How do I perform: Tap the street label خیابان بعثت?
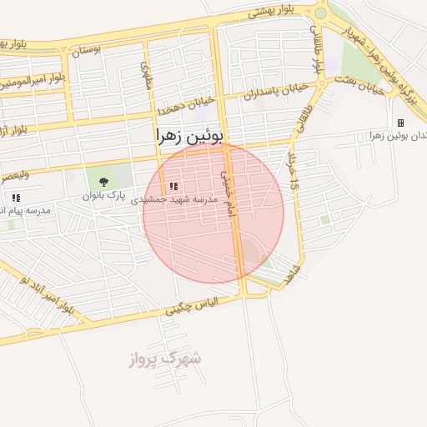pyautogui.click(x=359, y=84)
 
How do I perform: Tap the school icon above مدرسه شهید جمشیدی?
pyautogui.click(x=173, y=187)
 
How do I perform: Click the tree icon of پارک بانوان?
pyautogui.click(x=103, y=182)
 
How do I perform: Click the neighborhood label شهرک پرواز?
pyautogui.click(x=165, y=359)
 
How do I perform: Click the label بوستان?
pyautogui.click(x=85, y=50)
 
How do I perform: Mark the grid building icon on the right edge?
pyautogui.click(x=400, y=123)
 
